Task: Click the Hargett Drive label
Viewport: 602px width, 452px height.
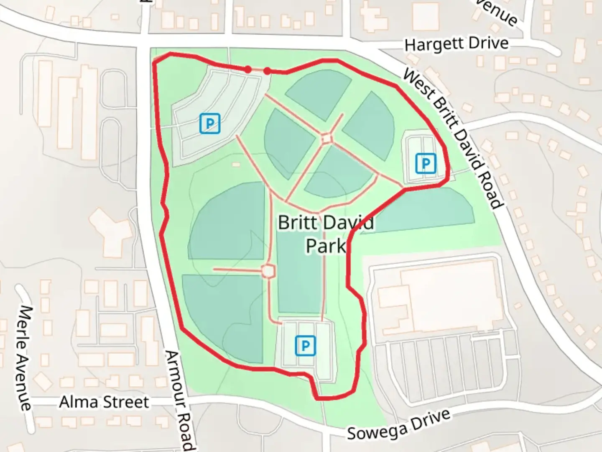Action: (x=457, y=44)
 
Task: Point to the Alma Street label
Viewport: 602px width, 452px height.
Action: (x=104, y=402)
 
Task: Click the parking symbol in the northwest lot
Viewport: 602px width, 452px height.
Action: (x=210, y=123)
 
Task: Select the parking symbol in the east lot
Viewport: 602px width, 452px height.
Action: (x=426, y=163)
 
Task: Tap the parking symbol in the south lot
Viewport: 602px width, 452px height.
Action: (x=306, y=346)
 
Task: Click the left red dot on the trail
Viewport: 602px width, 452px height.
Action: (x=248, y=69)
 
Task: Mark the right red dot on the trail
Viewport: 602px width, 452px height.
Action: (x=267, y=71)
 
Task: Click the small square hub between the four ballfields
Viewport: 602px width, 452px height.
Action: (x=327, y=139)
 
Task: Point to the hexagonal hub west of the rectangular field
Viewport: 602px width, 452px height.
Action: (x=268, y=271)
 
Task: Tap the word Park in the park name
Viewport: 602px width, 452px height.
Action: (x=326, y=246)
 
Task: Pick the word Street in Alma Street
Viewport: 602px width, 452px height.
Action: (x=125, y=402)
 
